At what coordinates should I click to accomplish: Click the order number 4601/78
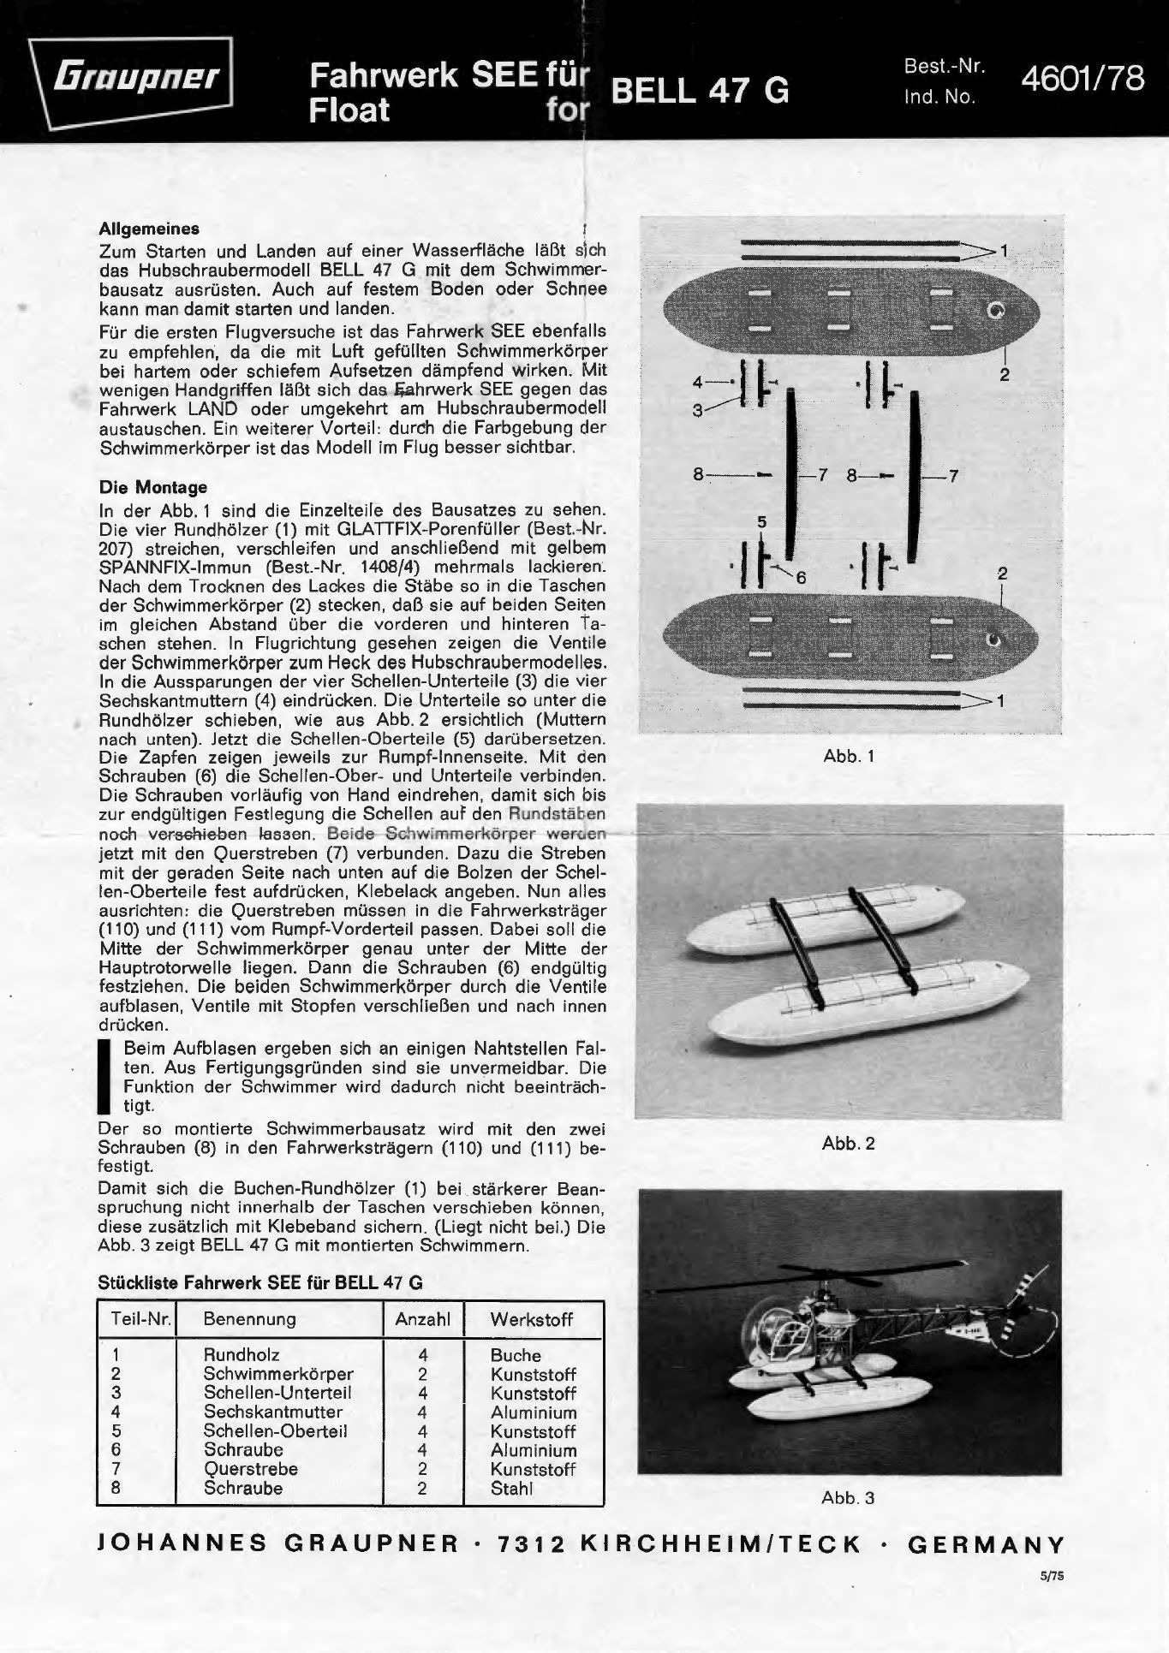[x=1082, y=79]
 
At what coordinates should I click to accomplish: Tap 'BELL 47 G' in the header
[x=699, y=91]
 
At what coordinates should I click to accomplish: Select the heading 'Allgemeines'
[x=149, y=229]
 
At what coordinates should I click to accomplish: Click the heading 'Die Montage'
[x=153, y=487]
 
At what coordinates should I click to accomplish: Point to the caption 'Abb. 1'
[x=848, y=757]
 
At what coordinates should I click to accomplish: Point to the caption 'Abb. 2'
[x=848, y=1144]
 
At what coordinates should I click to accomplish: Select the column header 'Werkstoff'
[x=531, y=1319]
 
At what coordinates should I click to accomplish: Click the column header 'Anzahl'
[x=422, y=1319]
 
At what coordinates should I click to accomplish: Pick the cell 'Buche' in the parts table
[x=516, y=1355]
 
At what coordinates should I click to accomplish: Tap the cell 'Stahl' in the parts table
[x=511, y=1488]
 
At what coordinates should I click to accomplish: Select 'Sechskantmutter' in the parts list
[x=272, y=1412]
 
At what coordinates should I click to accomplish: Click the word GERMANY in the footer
[x=986, y=1545]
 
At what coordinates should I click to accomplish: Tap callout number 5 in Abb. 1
[x=761, y=522]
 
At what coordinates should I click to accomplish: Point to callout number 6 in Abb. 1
[x=801, y=578]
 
